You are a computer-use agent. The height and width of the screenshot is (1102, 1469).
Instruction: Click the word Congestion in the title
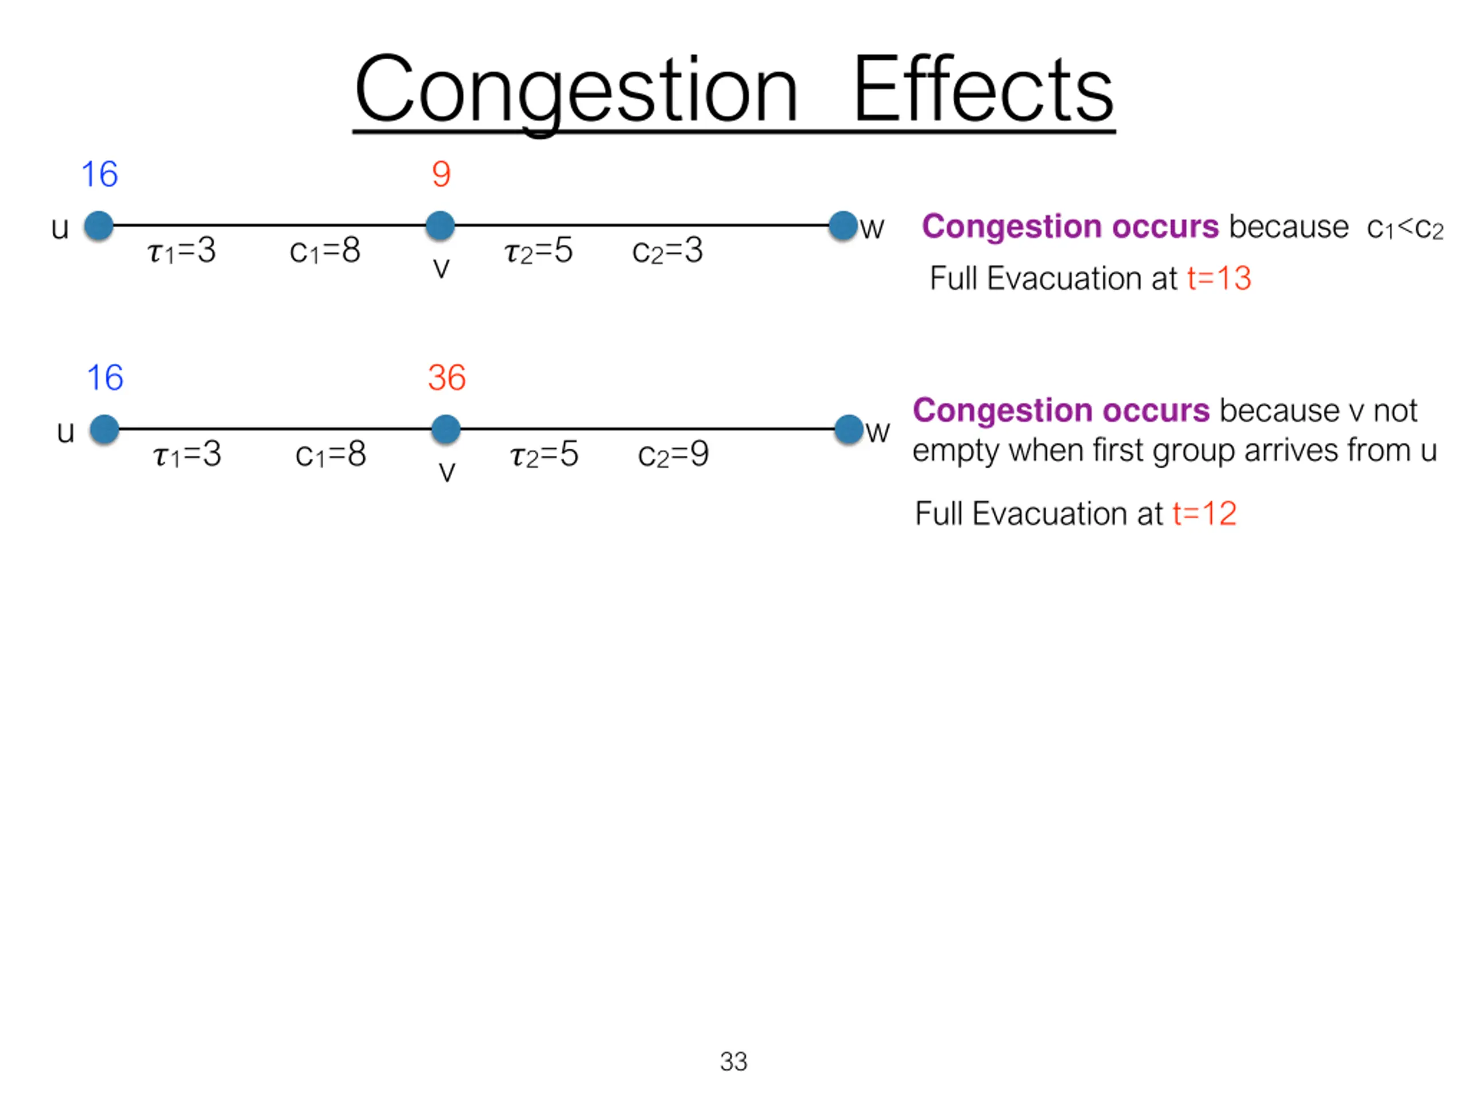575,90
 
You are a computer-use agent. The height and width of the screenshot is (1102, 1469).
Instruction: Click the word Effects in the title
982,90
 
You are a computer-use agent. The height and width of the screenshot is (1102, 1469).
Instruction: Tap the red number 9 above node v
441,174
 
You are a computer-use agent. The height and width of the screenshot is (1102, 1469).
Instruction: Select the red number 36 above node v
446,377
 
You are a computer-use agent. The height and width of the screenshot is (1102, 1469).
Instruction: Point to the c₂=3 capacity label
667,251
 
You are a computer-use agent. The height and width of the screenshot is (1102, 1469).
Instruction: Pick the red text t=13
1219,278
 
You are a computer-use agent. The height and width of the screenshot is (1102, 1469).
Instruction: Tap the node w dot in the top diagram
843,226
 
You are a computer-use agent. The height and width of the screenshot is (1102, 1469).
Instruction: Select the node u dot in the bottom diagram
104,429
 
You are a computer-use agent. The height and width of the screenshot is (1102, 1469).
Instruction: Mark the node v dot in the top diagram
440,226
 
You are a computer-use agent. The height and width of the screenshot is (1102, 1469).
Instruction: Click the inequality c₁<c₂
1405,228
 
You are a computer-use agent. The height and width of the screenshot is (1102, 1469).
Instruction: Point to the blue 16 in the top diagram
100,174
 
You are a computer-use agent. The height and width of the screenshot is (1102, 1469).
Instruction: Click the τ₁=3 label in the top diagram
181,251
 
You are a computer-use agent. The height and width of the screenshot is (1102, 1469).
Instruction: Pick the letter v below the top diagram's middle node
441,267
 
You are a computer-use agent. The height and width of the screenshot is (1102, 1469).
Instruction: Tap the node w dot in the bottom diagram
849,429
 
